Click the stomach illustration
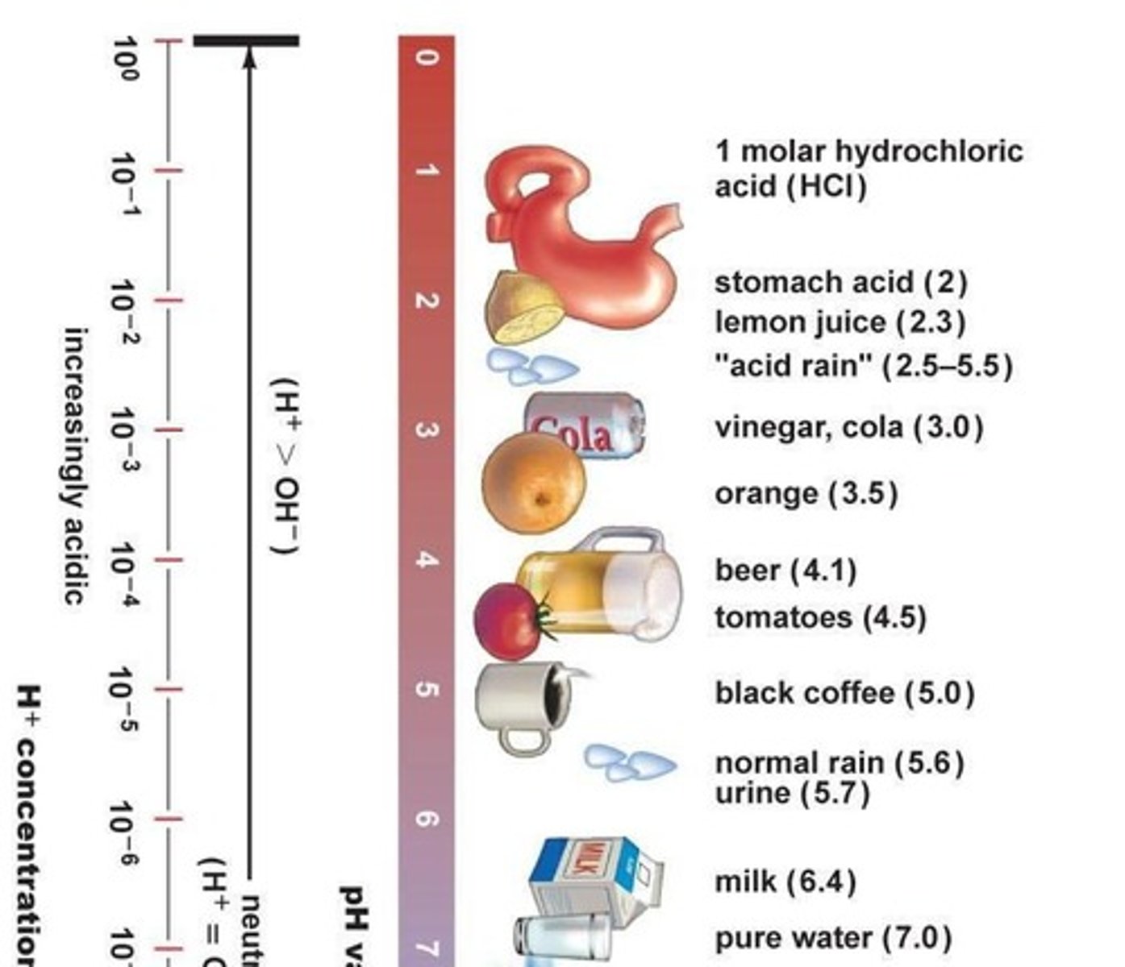click(x=597, y=242)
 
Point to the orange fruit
click(x=533, y=482)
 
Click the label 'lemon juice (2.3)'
click(x=840, y=323)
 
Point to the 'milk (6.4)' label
click(x=785, y=881)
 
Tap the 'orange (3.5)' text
click(x=806, y=493)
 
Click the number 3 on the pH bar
click(x=426, y=430)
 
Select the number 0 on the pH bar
click(x=426, y=58)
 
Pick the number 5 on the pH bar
click(x=426, y=690)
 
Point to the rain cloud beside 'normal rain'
click(x=629, y=762)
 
